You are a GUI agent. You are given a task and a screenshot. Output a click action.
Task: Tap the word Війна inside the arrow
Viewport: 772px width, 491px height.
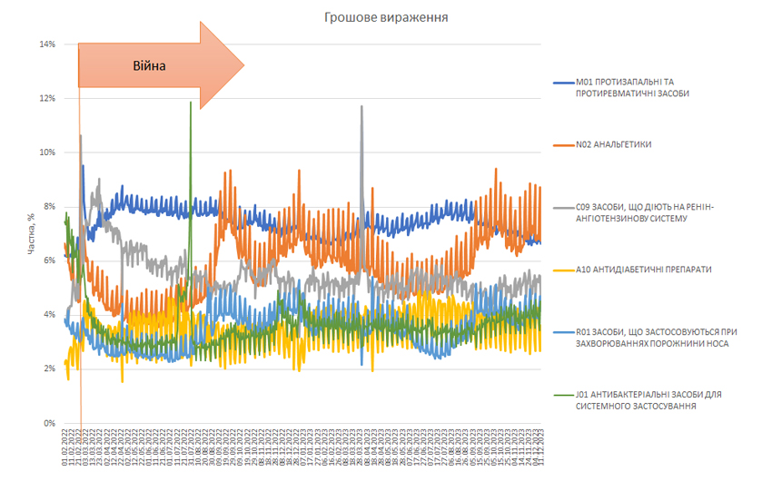[x=150, y=65]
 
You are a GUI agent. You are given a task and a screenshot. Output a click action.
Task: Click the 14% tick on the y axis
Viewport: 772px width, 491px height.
[x=46, y=44]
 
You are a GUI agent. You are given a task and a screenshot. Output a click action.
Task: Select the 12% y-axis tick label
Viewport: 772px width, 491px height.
[x=46, y=98]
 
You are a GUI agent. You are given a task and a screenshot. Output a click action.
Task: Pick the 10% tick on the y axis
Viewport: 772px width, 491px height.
[x=46, y=152]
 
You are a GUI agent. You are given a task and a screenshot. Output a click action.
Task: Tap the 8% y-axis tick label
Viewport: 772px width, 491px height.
[x=48, y=206]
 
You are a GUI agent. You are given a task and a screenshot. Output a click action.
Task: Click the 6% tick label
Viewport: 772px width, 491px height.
[x=48, y=260]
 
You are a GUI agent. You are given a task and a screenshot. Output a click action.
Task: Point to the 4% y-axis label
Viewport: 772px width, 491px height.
[x=48, y=314]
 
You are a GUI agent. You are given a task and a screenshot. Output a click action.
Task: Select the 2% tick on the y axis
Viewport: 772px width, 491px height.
[x=48, y=368]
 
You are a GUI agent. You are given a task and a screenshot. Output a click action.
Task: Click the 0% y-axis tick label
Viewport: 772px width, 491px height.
[x=48, y=423]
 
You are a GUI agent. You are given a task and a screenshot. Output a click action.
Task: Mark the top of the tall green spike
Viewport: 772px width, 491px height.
[x=191, y=103]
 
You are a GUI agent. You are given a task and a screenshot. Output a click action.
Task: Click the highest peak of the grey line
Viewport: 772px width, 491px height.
[x=361, y=106]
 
